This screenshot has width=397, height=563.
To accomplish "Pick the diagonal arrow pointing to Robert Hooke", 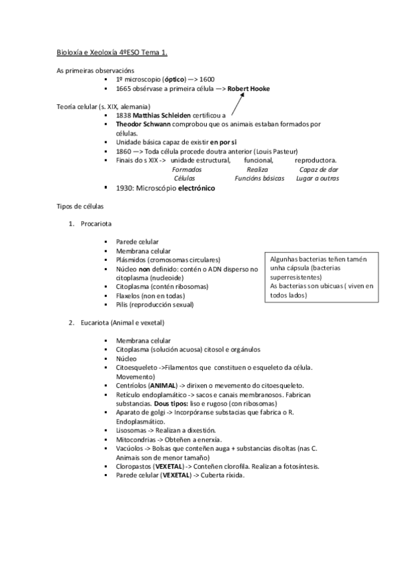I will click(238, 104).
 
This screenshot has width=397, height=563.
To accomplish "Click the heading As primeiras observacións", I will click(95, 70).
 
